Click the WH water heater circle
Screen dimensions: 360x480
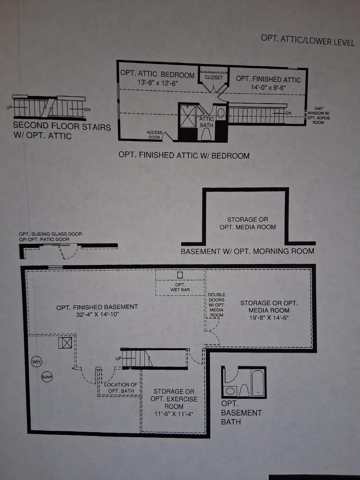tap(37, 362)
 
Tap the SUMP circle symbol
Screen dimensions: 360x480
tap(47, 377)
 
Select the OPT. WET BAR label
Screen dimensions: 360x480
tap(180, 287)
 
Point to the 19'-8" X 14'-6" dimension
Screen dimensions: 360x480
tap(269, 317)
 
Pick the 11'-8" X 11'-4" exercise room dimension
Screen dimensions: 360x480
tap(174, 414)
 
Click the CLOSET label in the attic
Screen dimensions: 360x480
tap(213, 77)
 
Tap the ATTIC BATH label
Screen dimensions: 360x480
tap(206, 122)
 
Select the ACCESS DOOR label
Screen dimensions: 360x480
tap(155, 135)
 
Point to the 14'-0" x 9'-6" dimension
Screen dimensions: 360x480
tap(268, 87)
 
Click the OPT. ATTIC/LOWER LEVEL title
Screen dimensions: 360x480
tap(307, 41)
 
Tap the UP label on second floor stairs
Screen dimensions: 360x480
tap(9, 107)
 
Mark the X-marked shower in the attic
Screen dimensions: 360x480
tap(187, 116)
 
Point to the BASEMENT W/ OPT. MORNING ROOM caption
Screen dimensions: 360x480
tap(247, 251)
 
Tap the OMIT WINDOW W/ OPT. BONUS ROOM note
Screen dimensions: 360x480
tap(319, 115)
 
